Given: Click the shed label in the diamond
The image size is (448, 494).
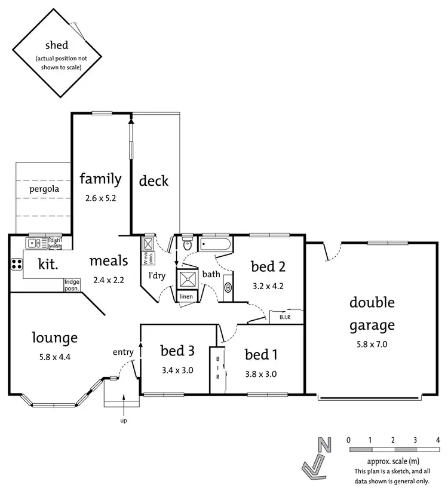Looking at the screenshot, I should (x=57, y=45).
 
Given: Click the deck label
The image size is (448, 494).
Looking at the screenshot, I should (x=154, y=180).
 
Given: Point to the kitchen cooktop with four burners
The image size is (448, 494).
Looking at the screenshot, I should (x=16, y=265).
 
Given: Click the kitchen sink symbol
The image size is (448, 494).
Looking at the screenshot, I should (x=33, y=243).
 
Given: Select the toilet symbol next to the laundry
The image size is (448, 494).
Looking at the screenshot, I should (x=186, y=243).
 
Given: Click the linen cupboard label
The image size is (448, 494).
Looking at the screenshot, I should (x=186, y=297).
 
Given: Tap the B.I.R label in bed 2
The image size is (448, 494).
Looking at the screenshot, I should (x=284, y=317).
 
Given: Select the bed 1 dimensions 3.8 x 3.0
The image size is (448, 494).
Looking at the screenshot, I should (x=261, y=375).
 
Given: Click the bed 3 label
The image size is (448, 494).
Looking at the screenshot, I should (x=177, y=351).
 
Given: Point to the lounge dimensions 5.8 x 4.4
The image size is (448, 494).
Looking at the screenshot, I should (x=54, y=358).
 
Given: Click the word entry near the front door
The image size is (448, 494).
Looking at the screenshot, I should (x=123, y=352).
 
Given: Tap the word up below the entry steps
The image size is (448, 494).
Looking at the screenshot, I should (x=123, y=421).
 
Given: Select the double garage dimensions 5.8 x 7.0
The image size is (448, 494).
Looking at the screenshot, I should (x=372, y=344).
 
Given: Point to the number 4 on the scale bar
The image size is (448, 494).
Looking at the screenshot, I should (x=438, y=440).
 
